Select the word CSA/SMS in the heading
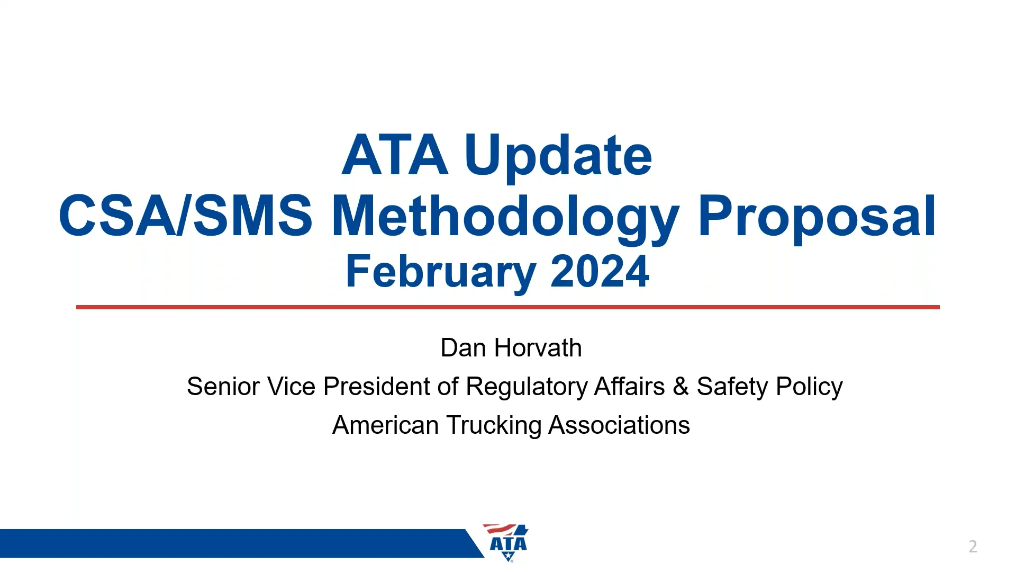click(185, 216)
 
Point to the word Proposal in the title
click(817, 216)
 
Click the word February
click(441, 271)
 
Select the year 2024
click(600, 271)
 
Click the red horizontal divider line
click(508, 307)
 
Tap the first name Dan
click(463, 348)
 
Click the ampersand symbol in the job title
click(681, 387)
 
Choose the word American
click(385, 425)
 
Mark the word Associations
click(619, 425)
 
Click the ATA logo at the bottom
click(507, 543)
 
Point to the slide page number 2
click(973, 547)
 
